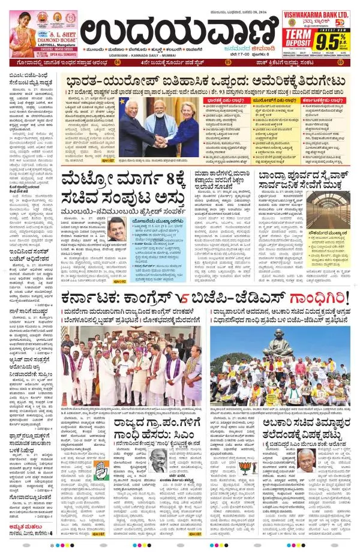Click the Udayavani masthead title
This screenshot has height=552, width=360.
[x=180, y=30]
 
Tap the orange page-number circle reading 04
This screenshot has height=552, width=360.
[x=117, y=62]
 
